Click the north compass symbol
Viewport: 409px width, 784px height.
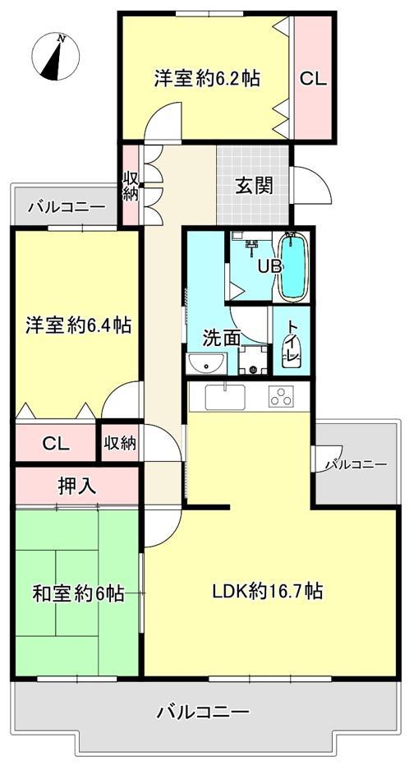pos(55,56)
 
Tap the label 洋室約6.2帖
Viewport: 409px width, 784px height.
pos(206,78)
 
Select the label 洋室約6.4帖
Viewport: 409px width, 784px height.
pos(78,326)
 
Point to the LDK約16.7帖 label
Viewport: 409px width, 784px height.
pos(267,592)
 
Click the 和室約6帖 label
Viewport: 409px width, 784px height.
pos(78,593)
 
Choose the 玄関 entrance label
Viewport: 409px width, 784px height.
pos(255,186)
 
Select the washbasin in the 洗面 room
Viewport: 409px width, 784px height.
pos(207,363)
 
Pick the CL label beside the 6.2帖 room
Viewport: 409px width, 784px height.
pos(313,79)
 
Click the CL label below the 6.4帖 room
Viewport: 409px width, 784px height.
pos(55,443)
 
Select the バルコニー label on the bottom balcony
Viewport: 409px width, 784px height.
pos(203,711)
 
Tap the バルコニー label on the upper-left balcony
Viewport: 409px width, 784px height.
pos(67,206)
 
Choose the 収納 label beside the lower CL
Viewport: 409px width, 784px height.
pos(120,442)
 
